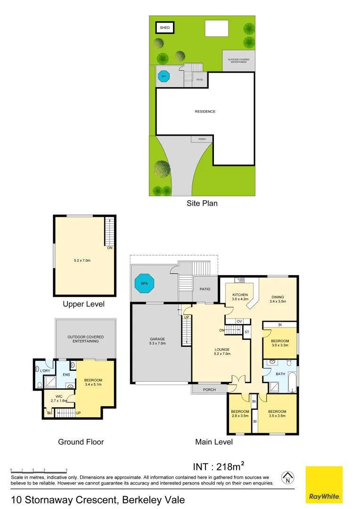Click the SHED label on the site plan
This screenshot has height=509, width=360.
coord(164,28)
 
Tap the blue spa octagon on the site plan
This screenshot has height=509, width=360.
coord(164,76)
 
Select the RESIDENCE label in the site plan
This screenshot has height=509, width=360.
coord(205,112)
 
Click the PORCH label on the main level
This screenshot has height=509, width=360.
coord(209,390)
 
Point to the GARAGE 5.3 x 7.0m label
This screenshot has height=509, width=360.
coord(158,341)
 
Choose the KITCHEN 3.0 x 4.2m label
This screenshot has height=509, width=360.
coord(240,297)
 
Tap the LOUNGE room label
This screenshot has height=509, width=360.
coord(221,352)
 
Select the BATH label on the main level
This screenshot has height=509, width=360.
coord(281,374)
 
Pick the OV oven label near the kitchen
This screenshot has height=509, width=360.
coord(239,321)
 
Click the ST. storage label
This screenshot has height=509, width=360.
coord(246,332)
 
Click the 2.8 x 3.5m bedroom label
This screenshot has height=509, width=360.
coord(240,414)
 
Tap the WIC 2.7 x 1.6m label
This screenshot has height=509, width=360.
coord(59,398)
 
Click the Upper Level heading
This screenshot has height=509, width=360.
coord(83,304)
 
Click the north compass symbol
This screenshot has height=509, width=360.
coord(287,478)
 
